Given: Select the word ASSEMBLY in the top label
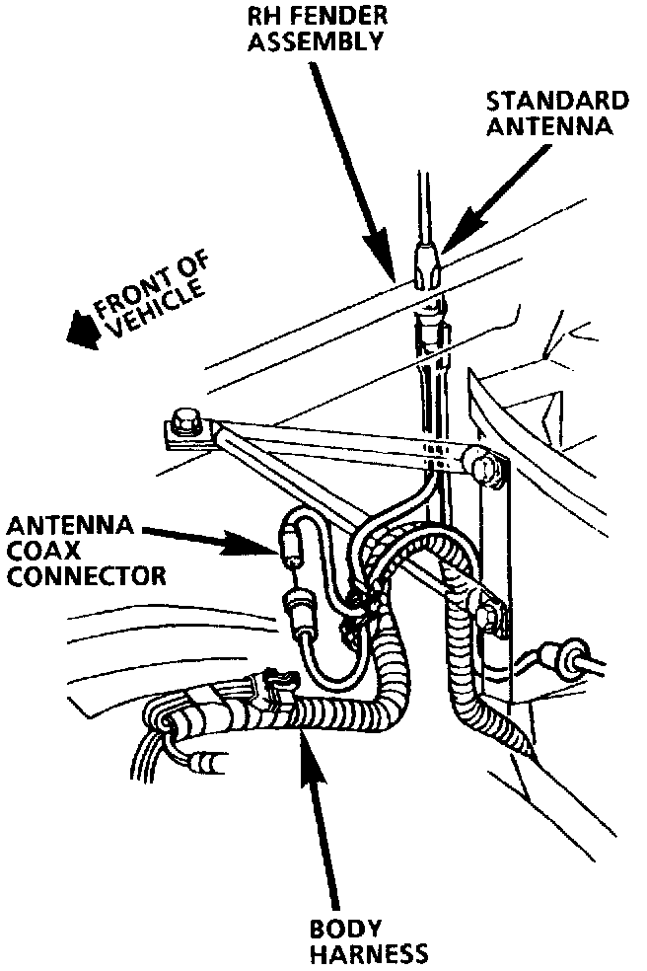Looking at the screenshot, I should coord(314,41).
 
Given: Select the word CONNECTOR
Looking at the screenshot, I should coord(83,573).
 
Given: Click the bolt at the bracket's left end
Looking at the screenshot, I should coord(184,421).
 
